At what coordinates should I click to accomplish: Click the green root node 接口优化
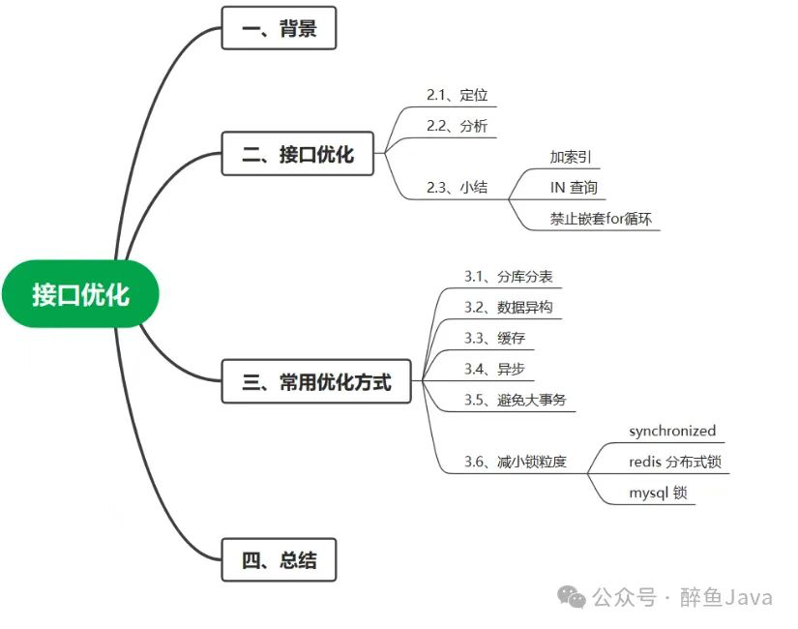click(80, 294)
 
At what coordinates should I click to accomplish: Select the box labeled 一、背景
click(279, 28)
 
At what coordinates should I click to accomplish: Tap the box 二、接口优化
click(297, 153)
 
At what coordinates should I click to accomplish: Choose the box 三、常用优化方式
click(317, 381)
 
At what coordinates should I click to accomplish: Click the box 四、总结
click(279, 559)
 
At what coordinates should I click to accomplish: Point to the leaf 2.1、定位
click(457, 95)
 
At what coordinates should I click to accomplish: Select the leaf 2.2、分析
click(457, 126)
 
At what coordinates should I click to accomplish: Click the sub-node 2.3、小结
click(457, 188)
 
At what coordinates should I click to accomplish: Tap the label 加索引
click(570, 157)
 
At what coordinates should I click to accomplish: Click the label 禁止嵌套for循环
click(601, 219)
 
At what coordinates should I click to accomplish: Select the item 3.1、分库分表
click(508, 277)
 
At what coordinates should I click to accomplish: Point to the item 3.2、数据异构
click(508, 308)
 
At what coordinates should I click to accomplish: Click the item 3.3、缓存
click(494, 339)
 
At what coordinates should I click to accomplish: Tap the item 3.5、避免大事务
click(515, 401)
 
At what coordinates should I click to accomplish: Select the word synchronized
click(672, 432)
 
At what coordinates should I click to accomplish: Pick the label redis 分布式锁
click(675, 463)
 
